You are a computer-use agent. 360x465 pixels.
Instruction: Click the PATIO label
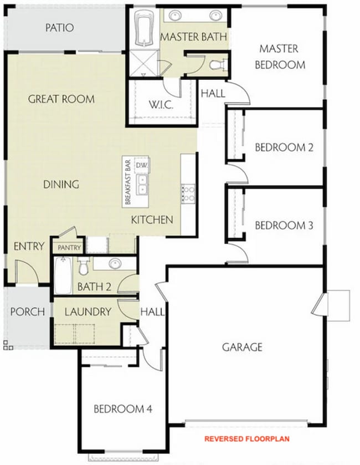click(x=59, y=28)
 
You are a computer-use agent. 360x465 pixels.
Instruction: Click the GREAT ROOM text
click(x=61, y=99)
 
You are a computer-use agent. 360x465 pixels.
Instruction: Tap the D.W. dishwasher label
click(x=141, y=165)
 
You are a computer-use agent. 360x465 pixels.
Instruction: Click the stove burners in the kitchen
click(x=188, y=193)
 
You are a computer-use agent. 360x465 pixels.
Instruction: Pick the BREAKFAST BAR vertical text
click(x=127, y=182)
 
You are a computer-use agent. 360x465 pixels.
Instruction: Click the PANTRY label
click(x=70, y=248)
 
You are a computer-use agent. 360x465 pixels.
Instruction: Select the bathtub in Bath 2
click(x=62, y=277)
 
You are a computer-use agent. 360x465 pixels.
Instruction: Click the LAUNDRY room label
click(x=88, y=312)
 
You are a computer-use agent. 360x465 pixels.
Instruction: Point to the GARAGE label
click(x=242, y=348)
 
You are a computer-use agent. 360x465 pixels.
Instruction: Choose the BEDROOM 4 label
click(x=122, y=409)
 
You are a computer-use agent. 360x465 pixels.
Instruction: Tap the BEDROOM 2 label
click(x=284, y=147)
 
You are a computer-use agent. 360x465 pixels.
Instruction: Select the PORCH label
click(x=27, y=312)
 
